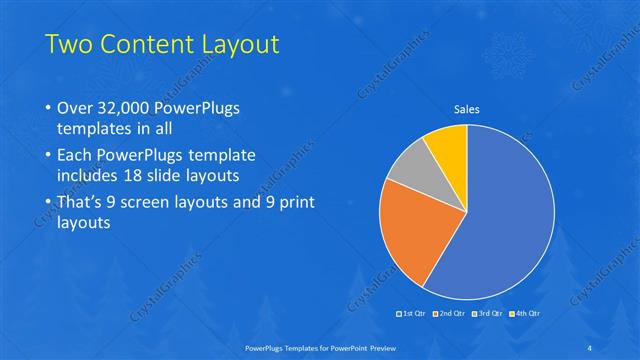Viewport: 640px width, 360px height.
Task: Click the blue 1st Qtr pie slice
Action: point(505,215)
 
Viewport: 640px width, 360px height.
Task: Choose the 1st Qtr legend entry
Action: point(413,315)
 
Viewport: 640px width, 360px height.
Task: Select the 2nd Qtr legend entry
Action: point(449,315)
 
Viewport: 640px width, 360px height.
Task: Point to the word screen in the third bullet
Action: point(159,202)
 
